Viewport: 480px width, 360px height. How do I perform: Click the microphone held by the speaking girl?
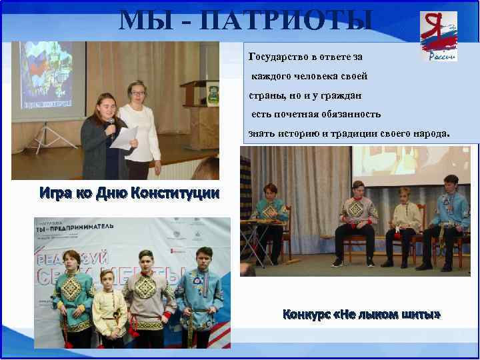pos(113,124)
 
